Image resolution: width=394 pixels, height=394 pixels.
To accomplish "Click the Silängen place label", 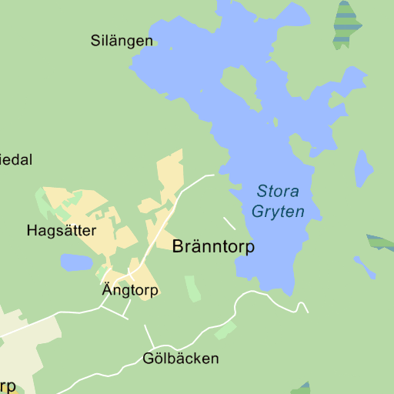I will (x=122, y=41).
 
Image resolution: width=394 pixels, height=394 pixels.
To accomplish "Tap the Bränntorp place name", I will (x=213, y=247).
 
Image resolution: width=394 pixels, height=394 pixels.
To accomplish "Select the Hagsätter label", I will (x=61, y=230).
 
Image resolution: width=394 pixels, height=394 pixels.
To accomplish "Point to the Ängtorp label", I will (x=130, y=290).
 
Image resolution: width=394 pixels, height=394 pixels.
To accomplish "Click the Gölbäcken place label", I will (x=181, y=359).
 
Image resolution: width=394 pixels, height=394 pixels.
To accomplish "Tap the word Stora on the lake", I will (x=278, y=192).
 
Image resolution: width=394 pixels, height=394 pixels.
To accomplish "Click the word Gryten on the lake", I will (x=279, y=212).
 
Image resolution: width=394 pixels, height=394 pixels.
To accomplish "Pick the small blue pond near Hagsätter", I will (x=76, y=263).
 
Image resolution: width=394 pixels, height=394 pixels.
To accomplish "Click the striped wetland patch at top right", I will (x=347, y=25).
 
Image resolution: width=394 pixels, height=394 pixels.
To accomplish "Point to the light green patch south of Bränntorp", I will (x=192, y=287).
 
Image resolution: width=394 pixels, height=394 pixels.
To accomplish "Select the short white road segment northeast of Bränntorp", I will (x=229, y=223).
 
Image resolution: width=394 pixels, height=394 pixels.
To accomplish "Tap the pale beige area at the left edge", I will (x=23, y=346).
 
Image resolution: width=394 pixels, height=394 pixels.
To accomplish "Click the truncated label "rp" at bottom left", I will (x=8, y=385).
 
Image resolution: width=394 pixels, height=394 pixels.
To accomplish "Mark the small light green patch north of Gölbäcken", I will (x=225, y=330).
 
